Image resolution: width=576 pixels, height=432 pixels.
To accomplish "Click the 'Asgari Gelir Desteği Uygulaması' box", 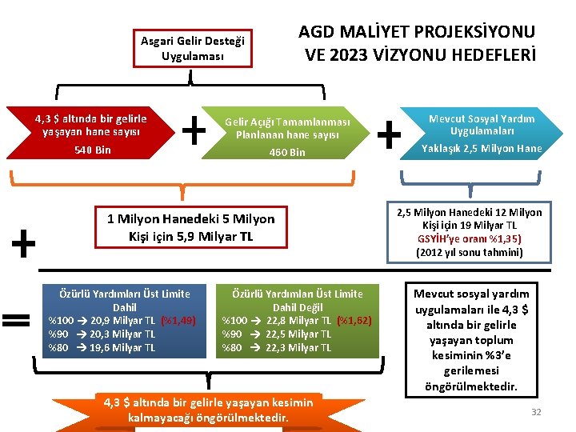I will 193,48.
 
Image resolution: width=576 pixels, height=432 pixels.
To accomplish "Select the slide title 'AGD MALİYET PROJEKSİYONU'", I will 416,33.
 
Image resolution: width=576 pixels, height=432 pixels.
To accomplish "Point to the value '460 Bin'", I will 286,152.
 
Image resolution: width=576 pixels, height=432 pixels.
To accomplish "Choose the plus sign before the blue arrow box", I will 388,134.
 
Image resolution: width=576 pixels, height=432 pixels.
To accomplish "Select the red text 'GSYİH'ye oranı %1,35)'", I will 468,238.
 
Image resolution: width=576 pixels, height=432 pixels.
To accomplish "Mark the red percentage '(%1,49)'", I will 178,321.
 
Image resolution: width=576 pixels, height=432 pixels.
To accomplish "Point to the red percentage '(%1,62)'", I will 354,321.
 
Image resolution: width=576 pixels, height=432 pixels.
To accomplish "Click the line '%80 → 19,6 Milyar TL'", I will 102,348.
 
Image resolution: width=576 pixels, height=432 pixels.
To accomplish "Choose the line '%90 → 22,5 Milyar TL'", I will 276,334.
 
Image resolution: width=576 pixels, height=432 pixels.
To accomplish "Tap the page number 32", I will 536,411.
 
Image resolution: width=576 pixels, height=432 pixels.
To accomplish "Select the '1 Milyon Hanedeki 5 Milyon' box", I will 190,227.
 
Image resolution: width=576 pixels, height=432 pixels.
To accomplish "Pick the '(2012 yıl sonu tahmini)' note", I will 469,252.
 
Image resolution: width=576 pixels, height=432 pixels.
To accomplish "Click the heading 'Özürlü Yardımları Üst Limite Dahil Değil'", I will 297,300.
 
